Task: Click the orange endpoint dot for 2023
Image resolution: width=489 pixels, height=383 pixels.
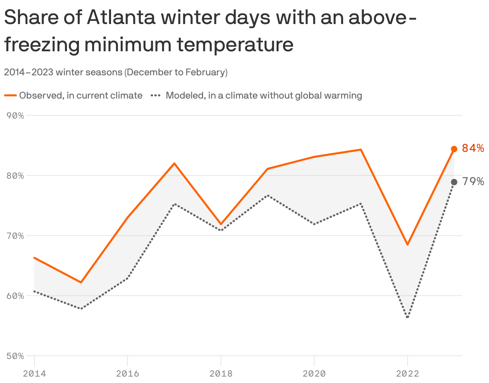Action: [x=454, y=149]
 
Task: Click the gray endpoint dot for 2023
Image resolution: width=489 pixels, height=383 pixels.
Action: [x=454, y=182]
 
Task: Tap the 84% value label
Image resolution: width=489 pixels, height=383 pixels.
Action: [x=473, y=148]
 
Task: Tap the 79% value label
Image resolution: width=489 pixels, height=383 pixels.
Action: [x=473, y=181]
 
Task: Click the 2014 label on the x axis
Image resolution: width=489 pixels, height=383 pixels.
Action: [x=34, y=373]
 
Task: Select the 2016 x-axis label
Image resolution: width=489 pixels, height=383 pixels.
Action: [x=127, y=373]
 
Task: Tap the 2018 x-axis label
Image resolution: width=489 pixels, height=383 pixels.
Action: [x=221, y=373]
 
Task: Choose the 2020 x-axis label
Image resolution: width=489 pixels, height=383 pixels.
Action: [x=314, y=373]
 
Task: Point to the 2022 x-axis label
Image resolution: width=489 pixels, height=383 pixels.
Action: [x=408, y=373]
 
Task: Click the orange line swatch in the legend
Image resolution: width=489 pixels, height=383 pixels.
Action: [x=10, y=96]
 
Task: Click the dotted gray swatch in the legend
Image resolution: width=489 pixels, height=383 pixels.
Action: [x=156, y=96]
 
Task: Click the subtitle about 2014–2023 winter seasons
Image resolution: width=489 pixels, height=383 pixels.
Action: [x=116, y=73]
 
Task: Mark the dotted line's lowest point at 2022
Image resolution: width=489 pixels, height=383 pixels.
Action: [x=408, y=317]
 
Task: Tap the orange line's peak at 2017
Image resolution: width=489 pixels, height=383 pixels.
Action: [x=174, y=163]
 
